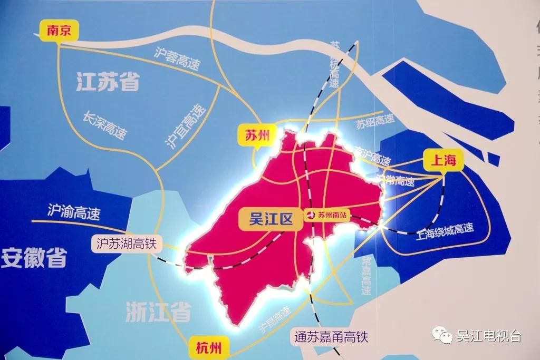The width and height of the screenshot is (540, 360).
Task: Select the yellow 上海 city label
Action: (443, 160)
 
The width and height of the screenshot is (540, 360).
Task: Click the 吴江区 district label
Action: (271, 218)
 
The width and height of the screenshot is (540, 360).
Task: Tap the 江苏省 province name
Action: (108, 82)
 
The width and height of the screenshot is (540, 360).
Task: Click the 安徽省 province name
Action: (34, 258)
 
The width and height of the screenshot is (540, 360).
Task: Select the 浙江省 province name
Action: (158, 313)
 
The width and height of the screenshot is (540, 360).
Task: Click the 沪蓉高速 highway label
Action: (178, 59)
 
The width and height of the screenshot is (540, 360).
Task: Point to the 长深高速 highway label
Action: (105, 125)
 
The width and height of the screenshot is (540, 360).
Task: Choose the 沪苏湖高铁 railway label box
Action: (126, 244)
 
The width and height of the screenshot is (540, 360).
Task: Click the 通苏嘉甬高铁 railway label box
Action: (331, 336)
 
